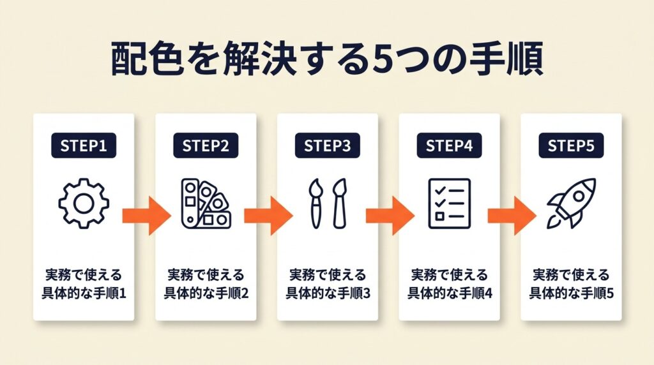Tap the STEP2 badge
click(x=206, y=145)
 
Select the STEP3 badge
click(x=328, y=145)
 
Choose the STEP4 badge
click(x=449, y=145)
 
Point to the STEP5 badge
click(x=571, y=145)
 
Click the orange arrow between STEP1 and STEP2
click(x=146, y=216)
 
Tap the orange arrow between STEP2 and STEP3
click(x=268, y=216)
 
